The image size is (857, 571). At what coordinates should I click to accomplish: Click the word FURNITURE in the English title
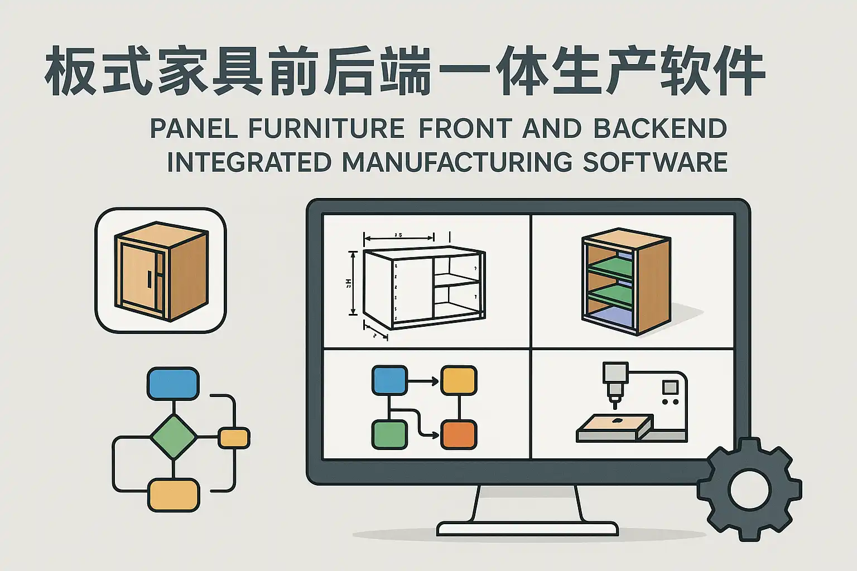tap(326, 129)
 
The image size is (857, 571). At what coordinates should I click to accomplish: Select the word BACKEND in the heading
tap(660, 129)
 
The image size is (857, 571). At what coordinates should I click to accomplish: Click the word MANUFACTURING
tap(457, 162)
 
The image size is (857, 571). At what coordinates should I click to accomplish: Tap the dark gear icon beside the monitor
tap(749, 490)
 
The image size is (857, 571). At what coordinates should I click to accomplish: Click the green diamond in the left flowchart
tap(174, 437)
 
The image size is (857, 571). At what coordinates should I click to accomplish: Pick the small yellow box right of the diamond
tap(234, 438)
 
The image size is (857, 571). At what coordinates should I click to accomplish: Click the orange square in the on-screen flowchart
tap(459, 435)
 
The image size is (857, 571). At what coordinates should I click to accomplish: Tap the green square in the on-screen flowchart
tap(389, 435)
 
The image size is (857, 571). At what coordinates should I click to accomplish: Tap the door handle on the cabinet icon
tap(150, 281)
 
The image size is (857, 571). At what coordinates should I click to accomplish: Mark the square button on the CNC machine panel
tap(670, 387)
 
